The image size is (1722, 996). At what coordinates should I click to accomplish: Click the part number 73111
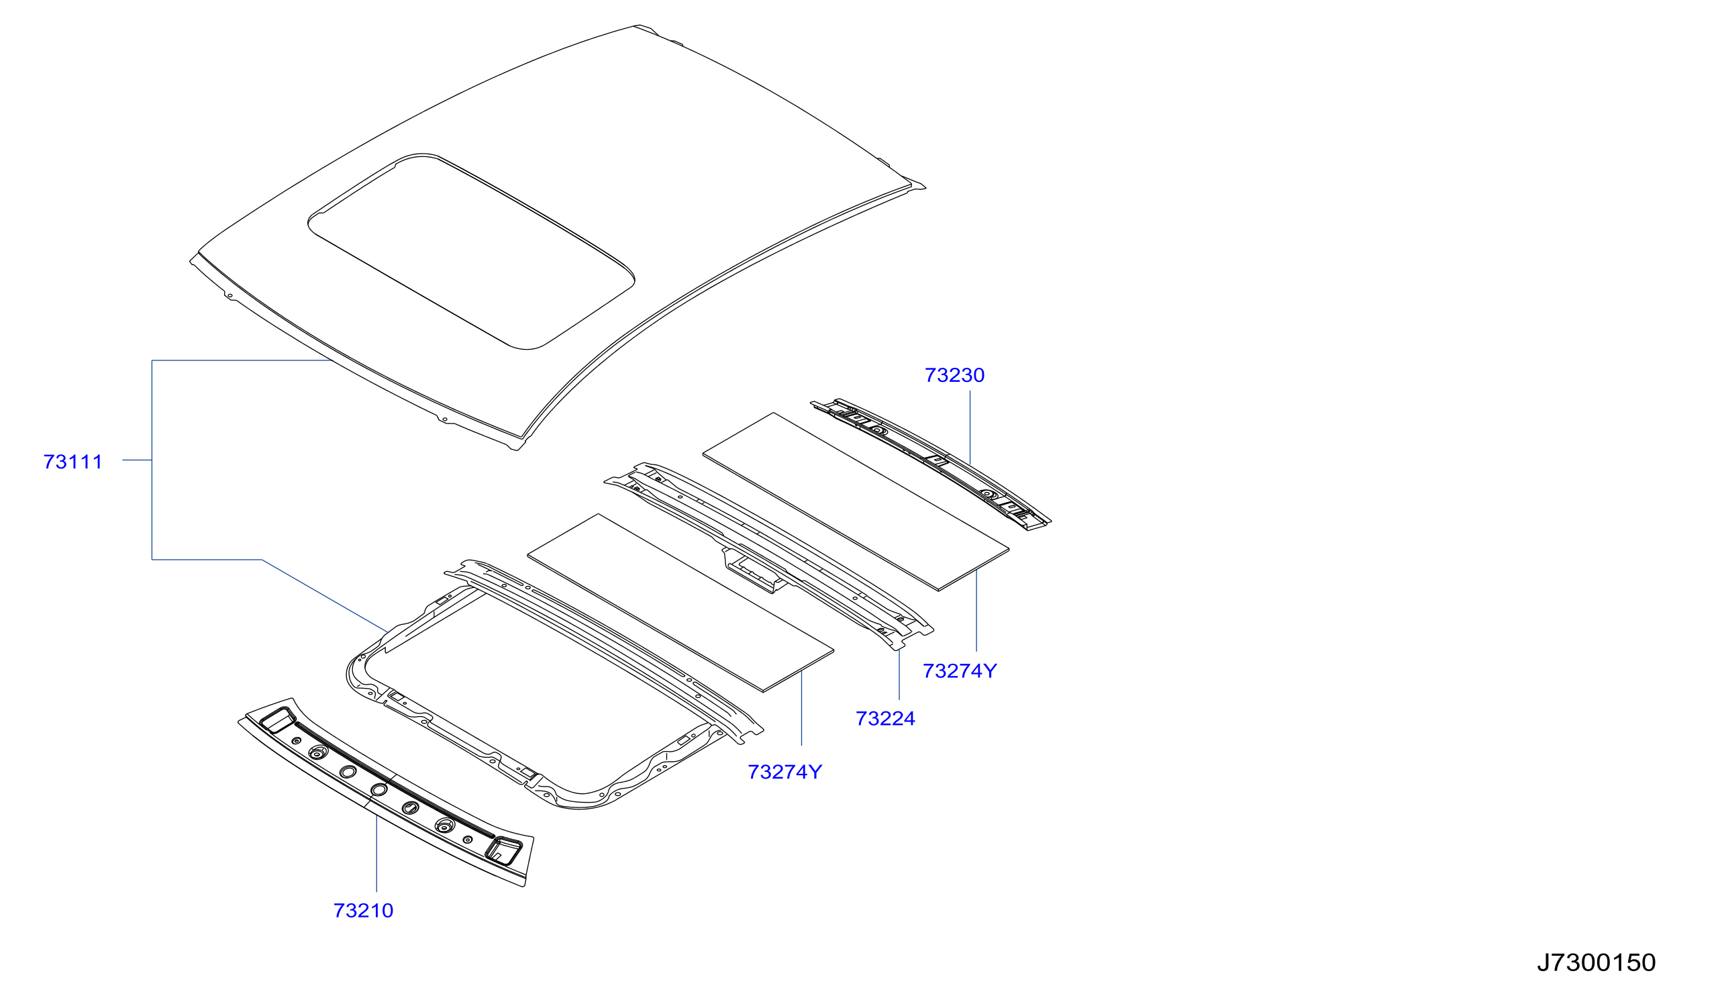pos(72,462)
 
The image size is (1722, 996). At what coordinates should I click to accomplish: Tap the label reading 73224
pos(885,717)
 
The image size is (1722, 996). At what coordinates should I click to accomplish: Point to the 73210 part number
pos(363,910)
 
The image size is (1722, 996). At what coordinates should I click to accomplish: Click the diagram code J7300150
pos(1597,962)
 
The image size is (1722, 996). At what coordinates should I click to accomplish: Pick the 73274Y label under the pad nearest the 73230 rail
pos(960,670)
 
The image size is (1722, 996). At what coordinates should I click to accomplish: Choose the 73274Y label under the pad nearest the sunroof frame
pos(784,772)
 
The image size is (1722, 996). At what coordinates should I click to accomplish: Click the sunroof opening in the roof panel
pos(472,251)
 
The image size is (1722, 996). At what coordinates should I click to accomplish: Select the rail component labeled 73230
pos(931,464)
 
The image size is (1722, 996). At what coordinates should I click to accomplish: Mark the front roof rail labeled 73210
pos(387,793)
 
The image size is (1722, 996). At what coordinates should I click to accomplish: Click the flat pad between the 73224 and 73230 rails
pos(856,501)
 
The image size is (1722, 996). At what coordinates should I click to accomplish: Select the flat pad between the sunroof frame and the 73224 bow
pos(680,603)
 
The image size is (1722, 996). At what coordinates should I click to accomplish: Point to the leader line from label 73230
pos(970,428)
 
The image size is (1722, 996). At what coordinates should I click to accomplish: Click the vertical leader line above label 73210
pos(376,853)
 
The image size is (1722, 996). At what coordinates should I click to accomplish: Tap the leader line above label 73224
pos(899,675)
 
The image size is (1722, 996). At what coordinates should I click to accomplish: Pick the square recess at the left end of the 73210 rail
pos(277,721)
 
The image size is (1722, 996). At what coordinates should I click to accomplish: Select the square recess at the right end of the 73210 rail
pos(503,850)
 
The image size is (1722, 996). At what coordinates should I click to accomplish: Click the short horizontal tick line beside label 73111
pos(137,460)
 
